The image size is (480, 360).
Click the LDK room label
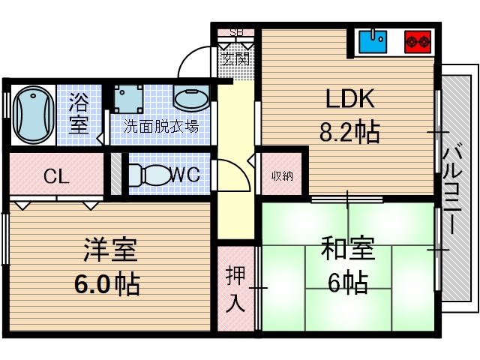coord(349,100)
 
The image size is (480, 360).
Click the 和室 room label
coord(346,248)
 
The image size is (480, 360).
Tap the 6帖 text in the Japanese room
coord(346,282)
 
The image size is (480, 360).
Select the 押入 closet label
coord(235,289)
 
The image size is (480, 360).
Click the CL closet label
coord(56,177)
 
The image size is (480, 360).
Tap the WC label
coord(184,175)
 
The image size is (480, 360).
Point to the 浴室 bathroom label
coord(79,112)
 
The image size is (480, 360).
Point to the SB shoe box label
coord(236,32)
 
